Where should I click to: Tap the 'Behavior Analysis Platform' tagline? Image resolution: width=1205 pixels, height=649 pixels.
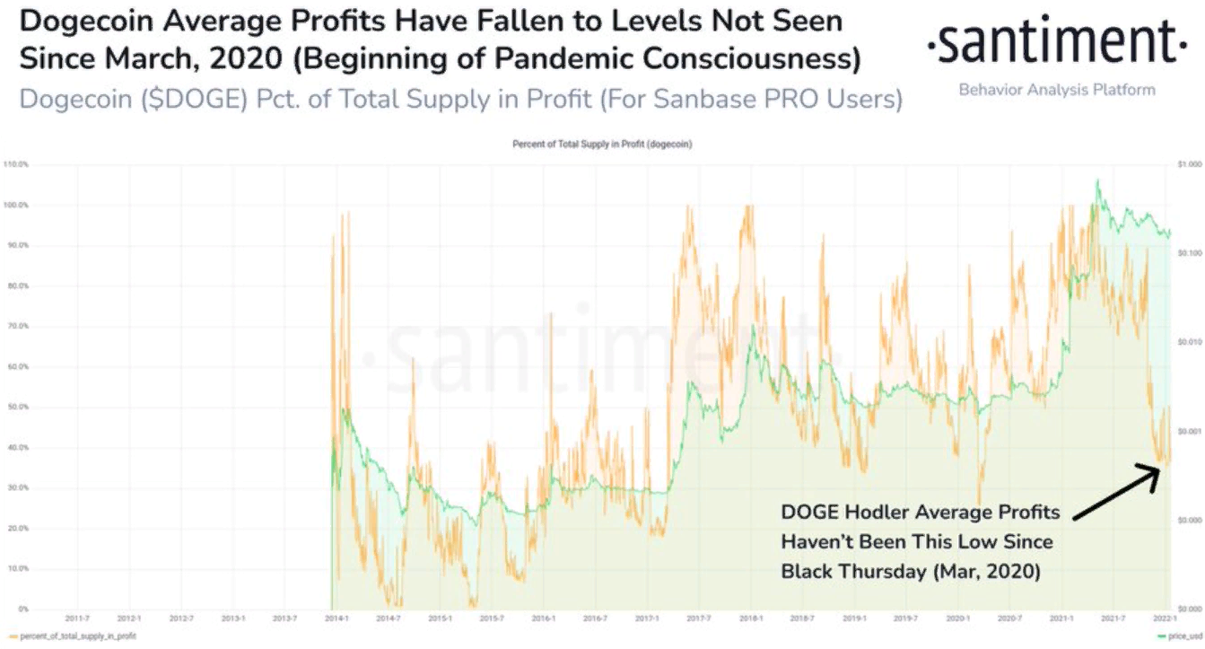(1057, 90)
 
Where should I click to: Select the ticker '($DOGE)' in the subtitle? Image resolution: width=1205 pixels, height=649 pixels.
(210, 99)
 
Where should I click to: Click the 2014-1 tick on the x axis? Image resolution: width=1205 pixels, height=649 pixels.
(336, 618)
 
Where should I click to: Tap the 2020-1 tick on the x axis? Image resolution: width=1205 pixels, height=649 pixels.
(957, 618)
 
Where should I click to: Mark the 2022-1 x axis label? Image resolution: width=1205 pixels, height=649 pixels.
(1164, 618)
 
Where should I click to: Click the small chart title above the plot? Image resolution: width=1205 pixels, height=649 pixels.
(602, 144)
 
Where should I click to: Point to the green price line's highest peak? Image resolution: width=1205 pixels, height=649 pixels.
(1097, 180)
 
